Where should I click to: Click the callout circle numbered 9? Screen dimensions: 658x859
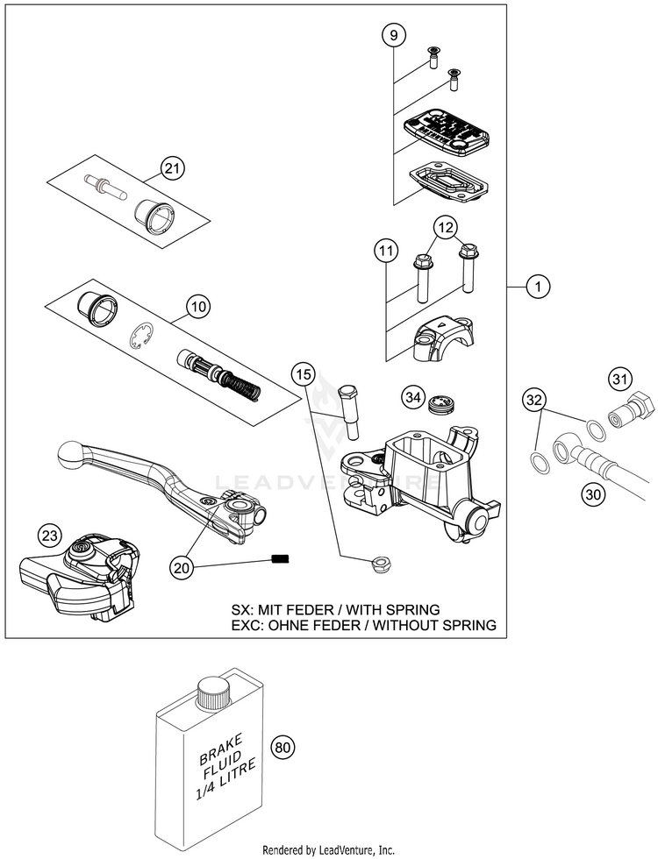(x=394, y=36)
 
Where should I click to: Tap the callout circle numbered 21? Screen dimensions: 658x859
(x=173, y=168)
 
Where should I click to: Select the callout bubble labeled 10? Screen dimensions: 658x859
(x=198, y=306)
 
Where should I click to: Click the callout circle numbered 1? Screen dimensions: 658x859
(x=538, y=286)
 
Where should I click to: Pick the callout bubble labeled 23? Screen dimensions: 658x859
(x=50, y=536)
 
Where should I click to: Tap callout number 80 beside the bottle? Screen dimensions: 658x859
(x=283, y=747)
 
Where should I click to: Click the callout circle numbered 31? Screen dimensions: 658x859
(x=619, y=379)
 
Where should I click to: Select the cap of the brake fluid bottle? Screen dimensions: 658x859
(x=211, y=692)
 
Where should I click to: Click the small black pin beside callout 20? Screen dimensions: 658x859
(x=280, y=559)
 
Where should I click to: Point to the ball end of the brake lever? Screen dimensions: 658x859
(x=69, y=454)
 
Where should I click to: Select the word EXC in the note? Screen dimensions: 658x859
(x=247, y=624)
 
